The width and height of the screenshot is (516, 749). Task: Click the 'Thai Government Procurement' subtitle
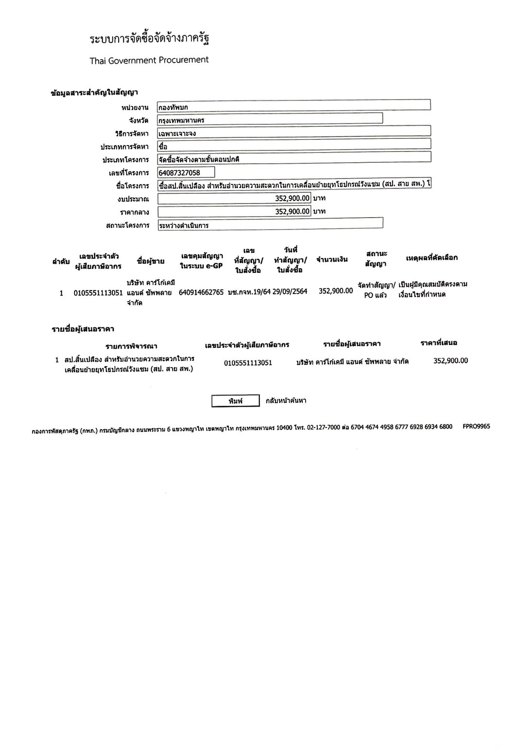click(149, 60)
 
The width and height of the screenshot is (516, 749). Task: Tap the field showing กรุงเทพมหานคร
click(270, 119)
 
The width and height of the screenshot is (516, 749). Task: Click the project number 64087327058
click(186, 172)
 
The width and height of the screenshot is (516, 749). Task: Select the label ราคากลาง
click(134, 212)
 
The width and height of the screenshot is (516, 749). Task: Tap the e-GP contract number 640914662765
click(201, 292)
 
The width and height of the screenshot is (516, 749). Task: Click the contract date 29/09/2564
click(290, 292)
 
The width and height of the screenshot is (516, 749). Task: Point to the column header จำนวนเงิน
click(332, 259)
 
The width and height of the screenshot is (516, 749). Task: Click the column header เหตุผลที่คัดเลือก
click(431, 257)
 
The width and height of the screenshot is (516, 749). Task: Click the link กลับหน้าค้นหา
click(286, 401)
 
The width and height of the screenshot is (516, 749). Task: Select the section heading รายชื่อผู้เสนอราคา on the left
click(83, 329)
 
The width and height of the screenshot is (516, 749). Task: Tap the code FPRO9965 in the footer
click(476, 426)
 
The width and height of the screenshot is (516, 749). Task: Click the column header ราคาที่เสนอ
click(439, 343)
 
